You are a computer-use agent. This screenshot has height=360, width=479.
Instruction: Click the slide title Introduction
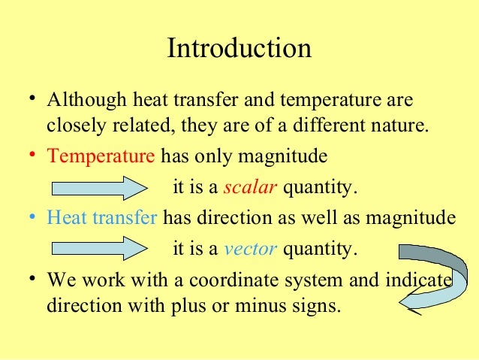239,50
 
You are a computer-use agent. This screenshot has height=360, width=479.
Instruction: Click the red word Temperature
101,157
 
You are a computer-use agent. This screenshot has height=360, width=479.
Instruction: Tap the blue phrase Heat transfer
102,218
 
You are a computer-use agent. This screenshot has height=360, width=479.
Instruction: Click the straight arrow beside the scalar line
98,186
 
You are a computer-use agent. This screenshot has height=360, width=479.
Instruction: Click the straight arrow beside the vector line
98,247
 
